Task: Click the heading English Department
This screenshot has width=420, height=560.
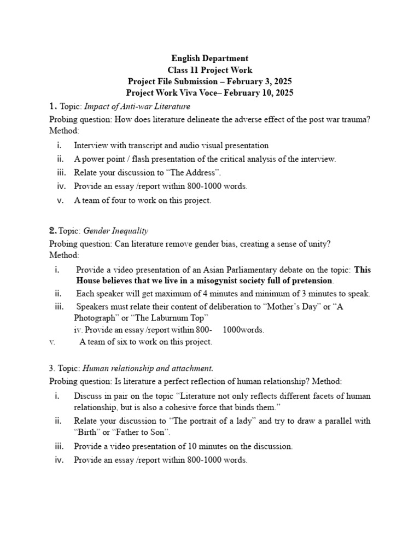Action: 209,58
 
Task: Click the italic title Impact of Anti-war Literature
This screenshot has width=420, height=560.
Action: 137,106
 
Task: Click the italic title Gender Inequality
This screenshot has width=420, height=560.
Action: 115,231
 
